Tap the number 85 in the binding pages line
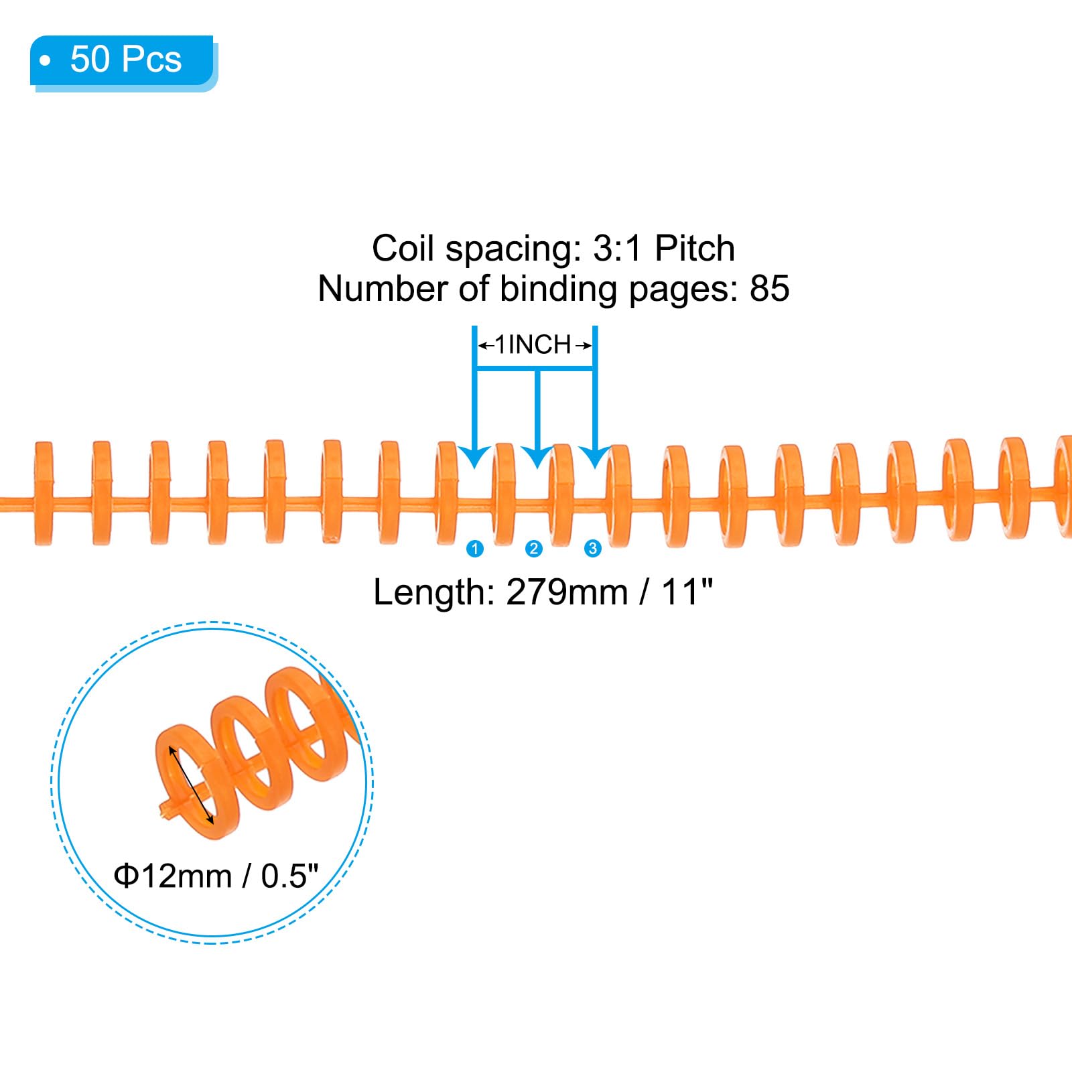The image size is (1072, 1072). click(x=769, y=289)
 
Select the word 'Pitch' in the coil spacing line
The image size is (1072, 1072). click(x=694, y=249)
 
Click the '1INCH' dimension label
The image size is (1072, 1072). click(x=533, y=345)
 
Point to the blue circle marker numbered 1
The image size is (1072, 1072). click(x=475, y=549)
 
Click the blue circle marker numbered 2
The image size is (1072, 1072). click(x=534, y=549)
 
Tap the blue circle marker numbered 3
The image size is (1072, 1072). click(x=592, y=549)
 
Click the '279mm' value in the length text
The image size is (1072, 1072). click(x=567, y=592)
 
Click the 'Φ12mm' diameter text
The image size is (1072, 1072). click(x=173, y=876)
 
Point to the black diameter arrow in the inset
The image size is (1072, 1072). click(x=191, y=785)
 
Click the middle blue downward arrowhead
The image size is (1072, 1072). click(x=537, y=456)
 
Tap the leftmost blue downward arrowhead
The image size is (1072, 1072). click(x=475, y=456)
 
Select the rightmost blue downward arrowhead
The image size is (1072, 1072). click(x=594, y=456)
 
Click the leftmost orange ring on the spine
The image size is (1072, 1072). click(x=44, y=493)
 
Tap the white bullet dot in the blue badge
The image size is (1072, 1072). click(x=45, y=61)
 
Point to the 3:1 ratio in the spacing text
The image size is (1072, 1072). click(x=617, y=249)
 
